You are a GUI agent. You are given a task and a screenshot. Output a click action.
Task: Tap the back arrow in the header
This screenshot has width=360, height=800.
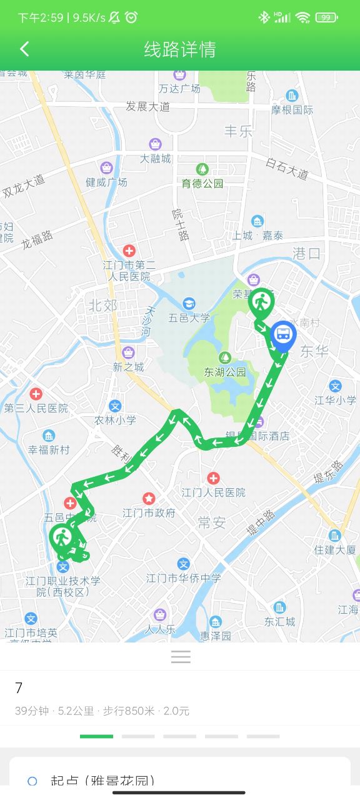tap(24, 49)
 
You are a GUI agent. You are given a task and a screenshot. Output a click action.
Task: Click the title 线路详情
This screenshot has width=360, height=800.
tap(180, 49)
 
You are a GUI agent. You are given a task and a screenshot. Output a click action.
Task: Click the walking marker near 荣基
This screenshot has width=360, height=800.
tap(261, 303)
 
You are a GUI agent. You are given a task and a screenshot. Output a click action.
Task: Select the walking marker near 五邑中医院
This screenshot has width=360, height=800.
tap(62, 537)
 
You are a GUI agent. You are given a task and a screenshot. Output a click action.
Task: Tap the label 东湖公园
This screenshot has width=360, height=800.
tap(225, 372)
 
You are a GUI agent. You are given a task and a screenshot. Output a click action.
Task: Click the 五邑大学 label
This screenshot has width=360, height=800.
tap(189, 317)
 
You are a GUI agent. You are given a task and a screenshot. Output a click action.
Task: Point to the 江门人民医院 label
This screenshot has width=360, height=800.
tap(214, 492)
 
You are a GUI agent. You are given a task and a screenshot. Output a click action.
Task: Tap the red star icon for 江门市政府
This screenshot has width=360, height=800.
tap(149, 499)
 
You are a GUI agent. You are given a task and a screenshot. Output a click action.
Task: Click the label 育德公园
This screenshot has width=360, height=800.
tap(202, 183)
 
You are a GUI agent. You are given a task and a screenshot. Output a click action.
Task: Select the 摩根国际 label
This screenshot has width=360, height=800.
tap(292, 109)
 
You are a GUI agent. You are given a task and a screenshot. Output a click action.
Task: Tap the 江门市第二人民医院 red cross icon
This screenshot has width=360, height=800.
tap(129, 251)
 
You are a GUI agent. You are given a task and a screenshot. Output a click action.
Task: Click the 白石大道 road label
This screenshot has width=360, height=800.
tap(287, 168)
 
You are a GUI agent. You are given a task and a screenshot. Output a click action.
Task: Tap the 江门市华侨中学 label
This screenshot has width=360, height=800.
tap(184, 578)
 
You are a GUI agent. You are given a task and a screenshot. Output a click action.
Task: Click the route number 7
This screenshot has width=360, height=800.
tap(19, 688)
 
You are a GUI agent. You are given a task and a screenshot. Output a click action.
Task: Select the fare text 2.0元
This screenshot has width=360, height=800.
tap(176, 711)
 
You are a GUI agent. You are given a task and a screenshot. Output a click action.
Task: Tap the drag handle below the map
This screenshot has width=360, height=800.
tap(181, 656)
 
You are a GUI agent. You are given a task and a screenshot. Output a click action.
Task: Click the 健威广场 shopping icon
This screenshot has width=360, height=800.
tap(107, 168)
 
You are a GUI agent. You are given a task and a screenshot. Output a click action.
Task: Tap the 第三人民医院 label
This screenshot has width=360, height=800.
tap(36, 408)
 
